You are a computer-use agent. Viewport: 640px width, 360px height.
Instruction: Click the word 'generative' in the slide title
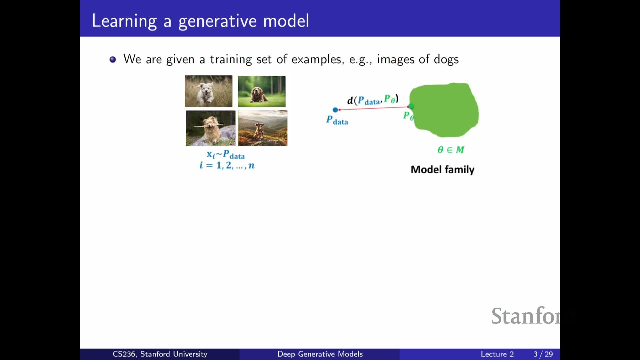coord(217,21)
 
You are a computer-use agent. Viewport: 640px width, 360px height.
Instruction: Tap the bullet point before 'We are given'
coord(113,59)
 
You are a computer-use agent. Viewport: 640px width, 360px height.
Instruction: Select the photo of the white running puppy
coord(209,91)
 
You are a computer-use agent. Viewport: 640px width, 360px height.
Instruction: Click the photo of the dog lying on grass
coord(262,91)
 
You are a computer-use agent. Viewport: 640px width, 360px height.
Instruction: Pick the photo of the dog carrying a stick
coord(211,128)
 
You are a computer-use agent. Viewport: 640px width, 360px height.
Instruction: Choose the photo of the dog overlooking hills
coord(263,128)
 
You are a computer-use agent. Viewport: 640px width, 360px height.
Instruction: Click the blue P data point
coord(335,110)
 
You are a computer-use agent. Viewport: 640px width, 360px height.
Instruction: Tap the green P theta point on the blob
coord(411,106)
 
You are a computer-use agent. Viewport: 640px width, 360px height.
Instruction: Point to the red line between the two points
coord(373,108)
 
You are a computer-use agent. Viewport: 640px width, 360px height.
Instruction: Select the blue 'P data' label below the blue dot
coord(337,120)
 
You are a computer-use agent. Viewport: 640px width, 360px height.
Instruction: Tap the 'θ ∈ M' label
coord(451,150)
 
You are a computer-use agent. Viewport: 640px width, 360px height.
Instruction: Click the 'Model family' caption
coord(442,170)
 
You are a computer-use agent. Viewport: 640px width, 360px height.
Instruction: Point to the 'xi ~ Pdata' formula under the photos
coord(226,155)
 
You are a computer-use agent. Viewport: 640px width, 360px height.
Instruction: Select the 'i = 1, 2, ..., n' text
coord(227,165)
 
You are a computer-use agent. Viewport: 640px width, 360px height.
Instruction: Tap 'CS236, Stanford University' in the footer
coord(160,354)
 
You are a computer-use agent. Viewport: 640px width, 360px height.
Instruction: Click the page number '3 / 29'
coord(543,354)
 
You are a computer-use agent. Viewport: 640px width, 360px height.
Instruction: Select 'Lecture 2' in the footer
coord(497,354)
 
